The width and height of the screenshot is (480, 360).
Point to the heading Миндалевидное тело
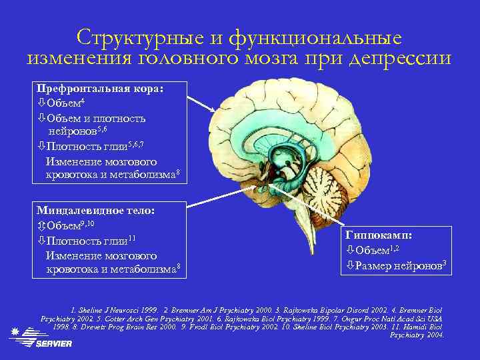pos(95,210)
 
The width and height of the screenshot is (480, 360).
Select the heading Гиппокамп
pos(379,235)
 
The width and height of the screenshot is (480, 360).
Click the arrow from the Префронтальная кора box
pos(200,104)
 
